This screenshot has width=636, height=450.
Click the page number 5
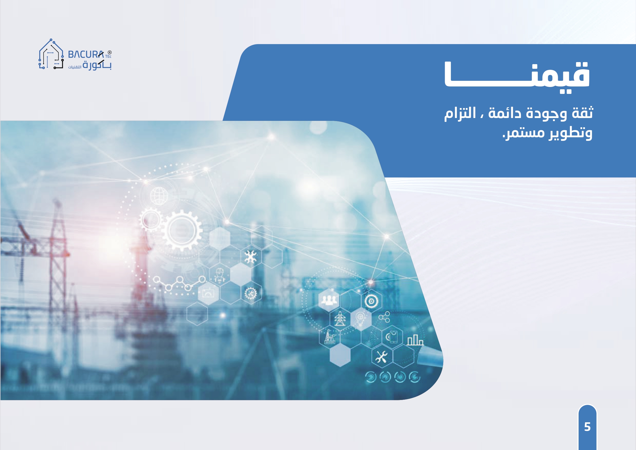(x=587, y=427)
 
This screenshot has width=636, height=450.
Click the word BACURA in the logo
(x=86, y=54)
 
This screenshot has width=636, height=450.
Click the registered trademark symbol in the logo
(x=109, y=52)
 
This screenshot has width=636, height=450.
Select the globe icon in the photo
(x=159, y=196)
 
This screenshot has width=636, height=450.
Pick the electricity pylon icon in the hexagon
(x=340, y=318)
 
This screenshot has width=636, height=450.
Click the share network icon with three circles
(x=385, y=317)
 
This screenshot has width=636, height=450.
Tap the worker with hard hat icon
(x=219, y=275)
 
